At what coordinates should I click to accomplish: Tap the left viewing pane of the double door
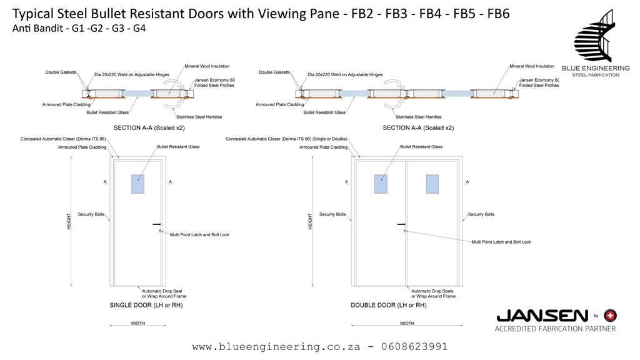pyautogui.click(x=381, y=184)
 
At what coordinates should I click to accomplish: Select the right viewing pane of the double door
pyautogui.click(x=432, y=184)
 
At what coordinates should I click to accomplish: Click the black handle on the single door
pyautogui.click(x=156, y=224)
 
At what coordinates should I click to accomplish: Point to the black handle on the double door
pyautogui.click(x=401, y=224)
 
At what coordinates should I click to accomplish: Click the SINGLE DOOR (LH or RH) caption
pyautogui.click(x=146, y=305)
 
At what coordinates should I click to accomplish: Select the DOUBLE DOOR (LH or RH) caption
pyautogui.click(x=389, y=305)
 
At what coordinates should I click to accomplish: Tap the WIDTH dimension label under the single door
pyautogui.click(x=138, y=323)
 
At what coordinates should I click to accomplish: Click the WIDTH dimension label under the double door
pyautogui.click(x=406, y=323)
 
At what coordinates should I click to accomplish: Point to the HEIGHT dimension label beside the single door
pyautogui.click(x=69, y=221)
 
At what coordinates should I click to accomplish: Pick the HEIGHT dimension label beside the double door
pyautogui.click(x=310, y=221)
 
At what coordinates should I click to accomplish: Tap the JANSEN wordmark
pyautogui.click(x=542, y=316)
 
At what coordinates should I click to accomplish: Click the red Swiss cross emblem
pyautogui.click(x=610, y=316)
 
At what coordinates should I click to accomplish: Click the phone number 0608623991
pyautogui.click(x=413, y=346)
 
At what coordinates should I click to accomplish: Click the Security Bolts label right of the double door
pyautogui.click(x=481, y=214)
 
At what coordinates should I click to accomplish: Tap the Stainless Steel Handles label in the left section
pyautogui.click(x=199, y=117)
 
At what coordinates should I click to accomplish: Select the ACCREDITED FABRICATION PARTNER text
pyautogui.click(x=555, y=329)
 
